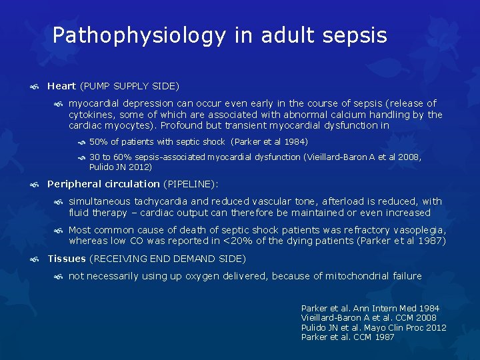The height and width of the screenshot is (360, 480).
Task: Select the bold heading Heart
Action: [x=61, y=86]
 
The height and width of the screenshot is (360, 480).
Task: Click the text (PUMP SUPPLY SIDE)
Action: [x=129, y=86]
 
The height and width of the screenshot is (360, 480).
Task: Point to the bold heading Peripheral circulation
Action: [x=103, y=184]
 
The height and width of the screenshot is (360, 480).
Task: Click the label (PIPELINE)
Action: [x=191, y=184]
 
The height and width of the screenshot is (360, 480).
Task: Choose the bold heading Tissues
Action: [x=67, y=259]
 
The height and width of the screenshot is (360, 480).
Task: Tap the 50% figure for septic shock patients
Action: [x=98, y=141]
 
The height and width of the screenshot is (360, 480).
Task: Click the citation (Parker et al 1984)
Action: [x=269, y=141]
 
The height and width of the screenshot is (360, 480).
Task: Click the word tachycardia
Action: [x=161, y=201]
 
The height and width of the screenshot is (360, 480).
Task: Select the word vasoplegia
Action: [x=421, y=230]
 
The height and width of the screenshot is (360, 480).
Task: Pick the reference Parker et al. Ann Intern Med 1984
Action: [x=370, y=309]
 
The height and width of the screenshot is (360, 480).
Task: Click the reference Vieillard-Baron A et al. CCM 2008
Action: [x=369, y=318]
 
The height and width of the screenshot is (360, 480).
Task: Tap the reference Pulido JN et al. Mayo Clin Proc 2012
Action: [x=373, y=327]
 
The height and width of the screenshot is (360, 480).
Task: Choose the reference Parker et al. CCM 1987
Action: [x=347, y=337]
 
